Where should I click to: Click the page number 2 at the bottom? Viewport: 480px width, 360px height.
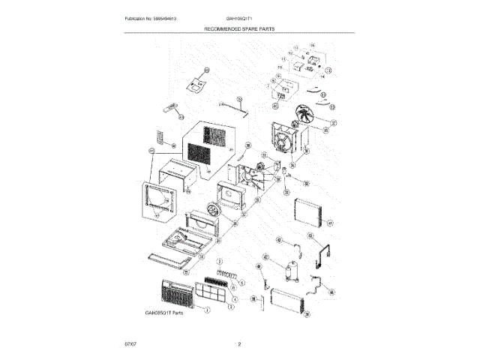point(239,344)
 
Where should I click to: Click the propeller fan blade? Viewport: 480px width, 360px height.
point(305,115)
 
